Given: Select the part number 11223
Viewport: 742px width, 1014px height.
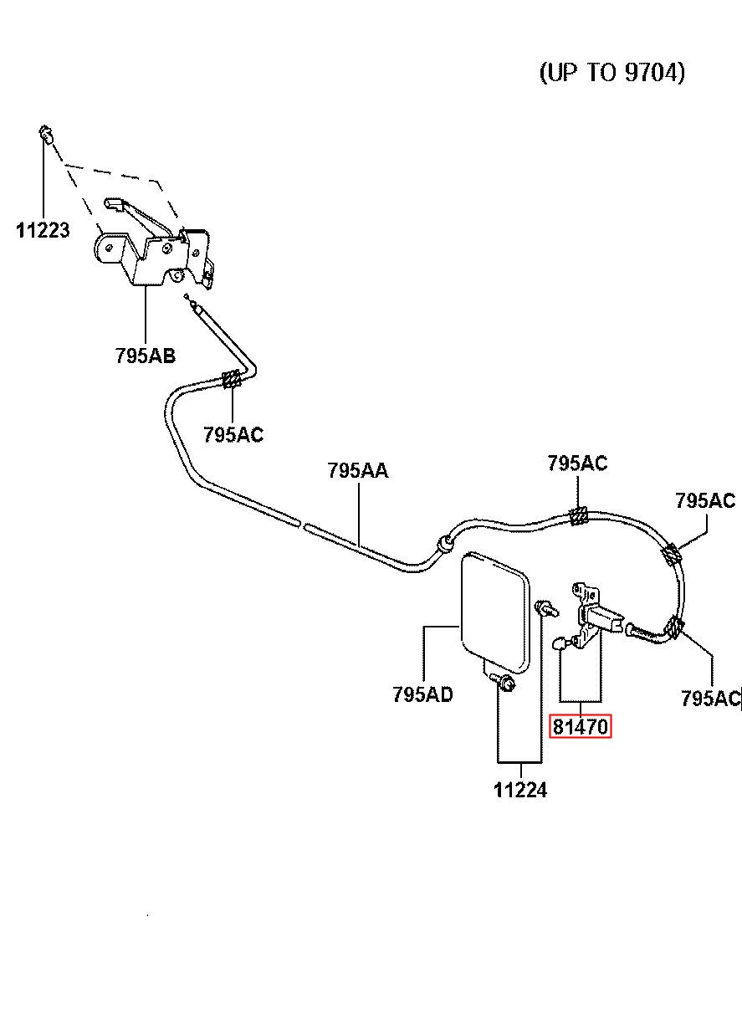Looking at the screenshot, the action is click(43, 230).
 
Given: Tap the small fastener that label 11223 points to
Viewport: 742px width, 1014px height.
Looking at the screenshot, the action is click(45, 133).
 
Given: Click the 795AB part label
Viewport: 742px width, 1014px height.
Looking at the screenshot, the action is click(146, 356).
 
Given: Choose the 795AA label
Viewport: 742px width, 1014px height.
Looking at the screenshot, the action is click(358, 470).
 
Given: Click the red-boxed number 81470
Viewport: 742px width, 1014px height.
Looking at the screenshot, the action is click(581, 726).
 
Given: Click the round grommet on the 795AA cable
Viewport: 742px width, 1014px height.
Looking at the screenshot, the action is click(444, 544).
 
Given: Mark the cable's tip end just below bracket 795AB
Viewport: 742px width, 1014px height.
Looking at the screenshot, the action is click(187, 297).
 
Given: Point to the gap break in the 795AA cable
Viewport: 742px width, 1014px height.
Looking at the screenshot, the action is click(303, 525).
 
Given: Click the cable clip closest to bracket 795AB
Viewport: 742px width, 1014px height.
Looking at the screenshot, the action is click(233, 378).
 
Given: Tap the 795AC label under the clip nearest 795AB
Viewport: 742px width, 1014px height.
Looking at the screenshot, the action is click(233, 434).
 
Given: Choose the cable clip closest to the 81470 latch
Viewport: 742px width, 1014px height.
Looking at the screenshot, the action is click(674, 627).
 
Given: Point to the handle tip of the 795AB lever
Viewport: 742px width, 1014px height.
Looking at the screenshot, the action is click(112, 202).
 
